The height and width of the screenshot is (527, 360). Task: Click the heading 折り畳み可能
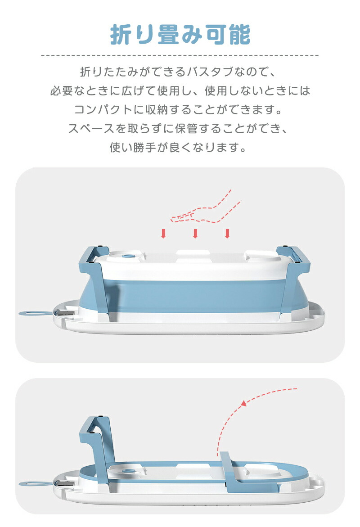click(x=180, y=34)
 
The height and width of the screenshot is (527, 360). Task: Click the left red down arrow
click(x=163, y=234)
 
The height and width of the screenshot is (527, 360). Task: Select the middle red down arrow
click(x=195, y=234)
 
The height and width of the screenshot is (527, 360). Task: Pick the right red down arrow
click(x=227, y=234)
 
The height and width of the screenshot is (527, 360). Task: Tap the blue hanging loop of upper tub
click(x=35, y=314)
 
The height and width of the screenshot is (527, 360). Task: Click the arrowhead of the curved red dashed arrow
click(x=244, y=403)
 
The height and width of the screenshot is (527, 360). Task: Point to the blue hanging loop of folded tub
click(x=35, y=484)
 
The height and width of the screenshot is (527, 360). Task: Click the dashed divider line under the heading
click(x=180, y=55)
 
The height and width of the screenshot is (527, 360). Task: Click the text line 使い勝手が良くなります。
click(x=179, y=147)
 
